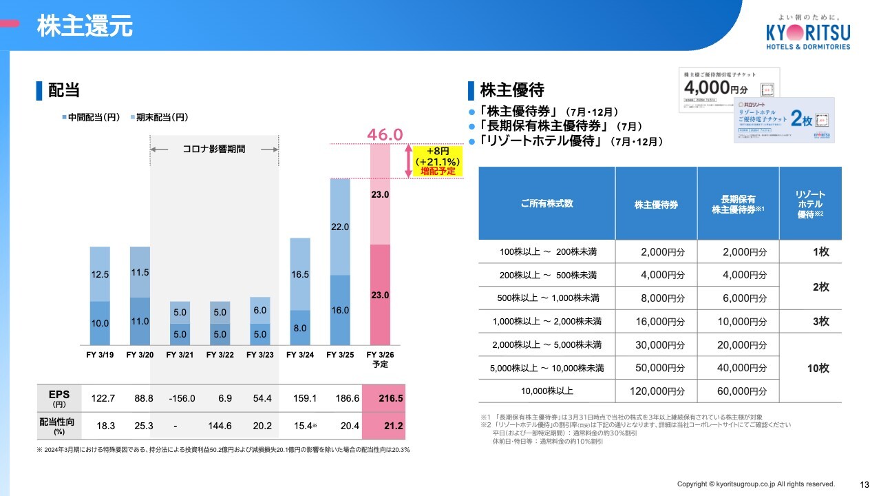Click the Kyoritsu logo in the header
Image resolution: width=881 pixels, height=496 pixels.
808,32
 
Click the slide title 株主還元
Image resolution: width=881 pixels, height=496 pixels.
84,27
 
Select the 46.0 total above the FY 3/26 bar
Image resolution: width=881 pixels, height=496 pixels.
385,135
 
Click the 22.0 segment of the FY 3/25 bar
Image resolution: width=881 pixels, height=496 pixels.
340,227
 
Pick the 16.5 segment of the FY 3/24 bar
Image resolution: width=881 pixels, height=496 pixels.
300,274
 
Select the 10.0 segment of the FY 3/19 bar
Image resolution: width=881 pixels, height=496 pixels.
100,323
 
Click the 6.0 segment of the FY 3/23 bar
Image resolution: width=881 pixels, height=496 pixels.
259,311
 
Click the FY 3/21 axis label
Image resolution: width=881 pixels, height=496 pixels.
180,355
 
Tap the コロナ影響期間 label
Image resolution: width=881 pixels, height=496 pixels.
213,149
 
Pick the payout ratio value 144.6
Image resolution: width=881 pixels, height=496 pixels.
220,426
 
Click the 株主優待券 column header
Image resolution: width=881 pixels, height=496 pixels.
656,205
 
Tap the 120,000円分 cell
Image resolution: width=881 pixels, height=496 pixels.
658,391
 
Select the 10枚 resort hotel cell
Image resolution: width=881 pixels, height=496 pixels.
818,368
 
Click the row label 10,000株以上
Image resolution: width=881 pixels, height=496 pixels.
547,391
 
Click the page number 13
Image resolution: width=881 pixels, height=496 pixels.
864,484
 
